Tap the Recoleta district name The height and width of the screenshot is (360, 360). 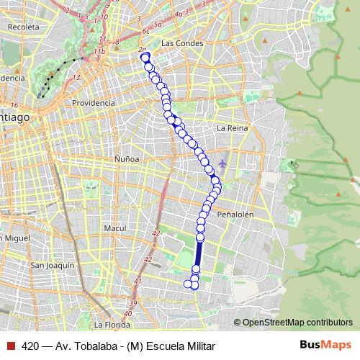point(23,26)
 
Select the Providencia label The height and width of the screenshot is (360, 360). point(94,103)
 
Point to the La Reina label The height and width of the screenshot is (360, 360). point(232,127)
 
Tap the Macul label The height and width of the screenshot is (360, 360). point(114,228)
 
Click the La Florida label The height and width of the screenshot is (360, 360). point(112,325)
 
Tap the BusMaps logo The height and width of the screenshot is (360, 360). point(325,345)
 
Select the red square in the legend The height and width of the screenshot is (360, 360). point(10,345)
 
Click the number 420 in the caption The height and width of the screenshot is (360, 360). point(30,345)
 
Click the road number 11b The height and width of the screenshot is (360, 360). point(99,52)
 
